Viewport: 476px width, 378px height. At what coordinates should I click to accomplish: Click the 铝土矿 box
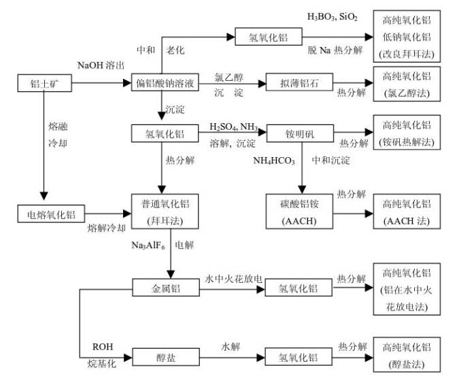pyautogui.click(x=45, y=83)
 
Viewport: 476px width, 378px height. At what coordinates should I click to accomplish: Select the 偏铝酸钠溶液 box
pyautogui.click(x=165, y=82)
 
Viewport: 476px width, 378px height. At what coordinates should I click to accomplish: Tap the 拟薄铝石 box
pyautogui.click(x=299, y=82)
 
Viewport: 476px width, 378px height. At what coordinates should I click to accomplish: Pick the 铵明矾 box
pyautogui.click(x=300, y=133)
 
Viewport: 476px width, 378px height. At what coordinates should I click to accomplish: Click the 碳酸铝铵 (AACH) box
pyautogui.click(x=299, y=211)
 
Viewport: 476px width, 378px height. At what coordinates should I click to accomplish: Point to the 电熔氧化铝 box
pyautogui.click(x=51, y=213)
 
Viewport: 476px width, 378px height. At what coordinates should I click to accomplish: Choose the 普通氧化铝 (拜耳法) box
pyautogui.click(x=165, y=211)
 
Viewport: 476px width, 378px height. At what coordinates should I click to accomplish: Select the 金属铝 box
pyautogui.click(x=166, y=287)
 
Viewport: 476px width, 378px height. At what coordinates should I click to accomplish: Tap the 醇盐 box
pyautogui.click(x=166, y=357)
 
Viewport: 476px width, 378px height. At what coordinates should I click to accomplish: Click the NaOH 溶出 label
pyautogui.click(x=101, y=65)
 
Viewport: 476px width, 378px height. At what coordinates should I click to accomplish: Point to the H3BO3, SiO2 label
pyautogui.click(x=333, y=17)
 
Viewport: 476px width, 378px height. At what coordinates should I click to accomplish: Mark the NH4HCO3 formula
pyautogui.click(x=274, y=160)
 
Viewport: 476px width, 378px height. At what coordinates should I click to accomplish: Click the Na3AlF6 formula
pyautogui.click(x=148, y=245)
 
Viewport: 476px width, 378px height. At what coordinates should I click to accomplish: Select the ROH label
pyautogui.click(x=103, y=347)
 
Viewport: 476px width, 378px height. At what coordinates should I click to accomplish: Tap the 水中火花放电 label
pyautogui.click(x=233, y=279)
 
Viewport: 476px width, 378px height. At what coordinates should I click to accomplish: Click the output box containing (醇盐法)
pyautogui.click(x=407, y=355)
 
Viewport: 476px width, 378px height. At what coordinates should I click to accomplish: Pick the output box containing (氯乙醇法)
pyautogui.click(x=407, y=84)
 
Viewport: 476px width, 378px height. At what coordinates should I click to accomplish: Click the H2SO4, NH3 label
pyautogui.click(x=234, y=126)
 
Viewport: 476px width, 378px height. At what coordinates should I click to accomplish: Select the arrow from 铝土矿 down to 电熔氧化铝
pyautogui.click(x=44, y=145)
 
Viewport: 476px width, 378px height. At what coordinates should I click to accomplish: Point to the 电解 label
pyautogui.click(x=184, y=245)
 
